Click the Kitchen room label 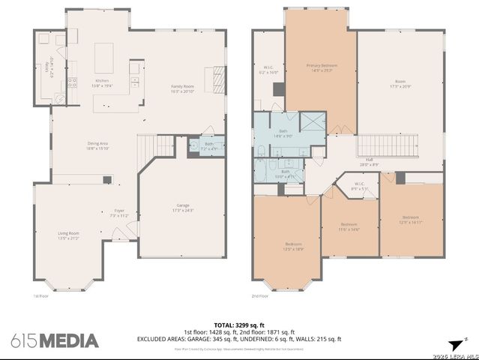[101, 82]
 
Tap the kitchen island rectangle [103, 56]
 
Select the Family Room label [182, 88]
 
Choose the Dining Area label [99, 145]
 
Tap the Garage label [183, 207]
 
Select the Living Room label [68, 235]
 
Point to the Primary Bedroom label [322, 67]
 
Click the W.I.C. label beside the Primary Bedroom [271, 70]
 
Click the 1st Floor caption [40, 295]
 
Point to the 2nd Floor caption [260, 295]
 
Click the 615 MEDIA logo [54, 340]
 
